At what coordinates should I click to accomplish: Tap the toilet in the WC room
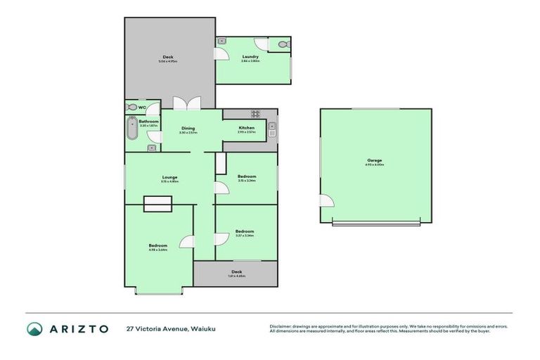point(133,108)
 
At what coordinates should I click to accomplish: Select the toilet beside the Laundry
point(283,44)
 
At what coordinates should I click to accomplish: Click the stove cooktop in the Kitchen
point(256,114)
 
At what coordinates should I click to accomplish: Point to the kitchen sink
point(272,130)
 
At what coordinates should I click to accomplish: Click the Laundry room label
point(251,56)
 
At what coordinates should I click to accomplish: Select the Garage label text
point(374,160)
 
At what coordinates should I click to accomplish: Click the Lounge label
point(169,177)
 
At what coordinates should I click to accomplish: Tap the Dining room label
point(187,128)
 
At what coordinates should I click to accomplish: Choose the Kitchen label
point(246,128)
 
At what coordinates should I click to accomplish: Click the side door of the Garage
point(326,202)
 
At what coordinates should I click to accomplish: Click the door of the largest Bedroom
point(188,241)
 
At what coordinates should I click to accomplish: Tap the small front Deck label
point(236,271)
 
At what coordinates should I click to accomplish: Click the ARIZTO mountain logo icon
point(34,328)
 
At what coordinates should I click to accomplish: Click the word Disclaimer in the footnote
point(281,326)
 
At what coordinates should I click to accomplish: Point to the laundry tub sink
point(222,41)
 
